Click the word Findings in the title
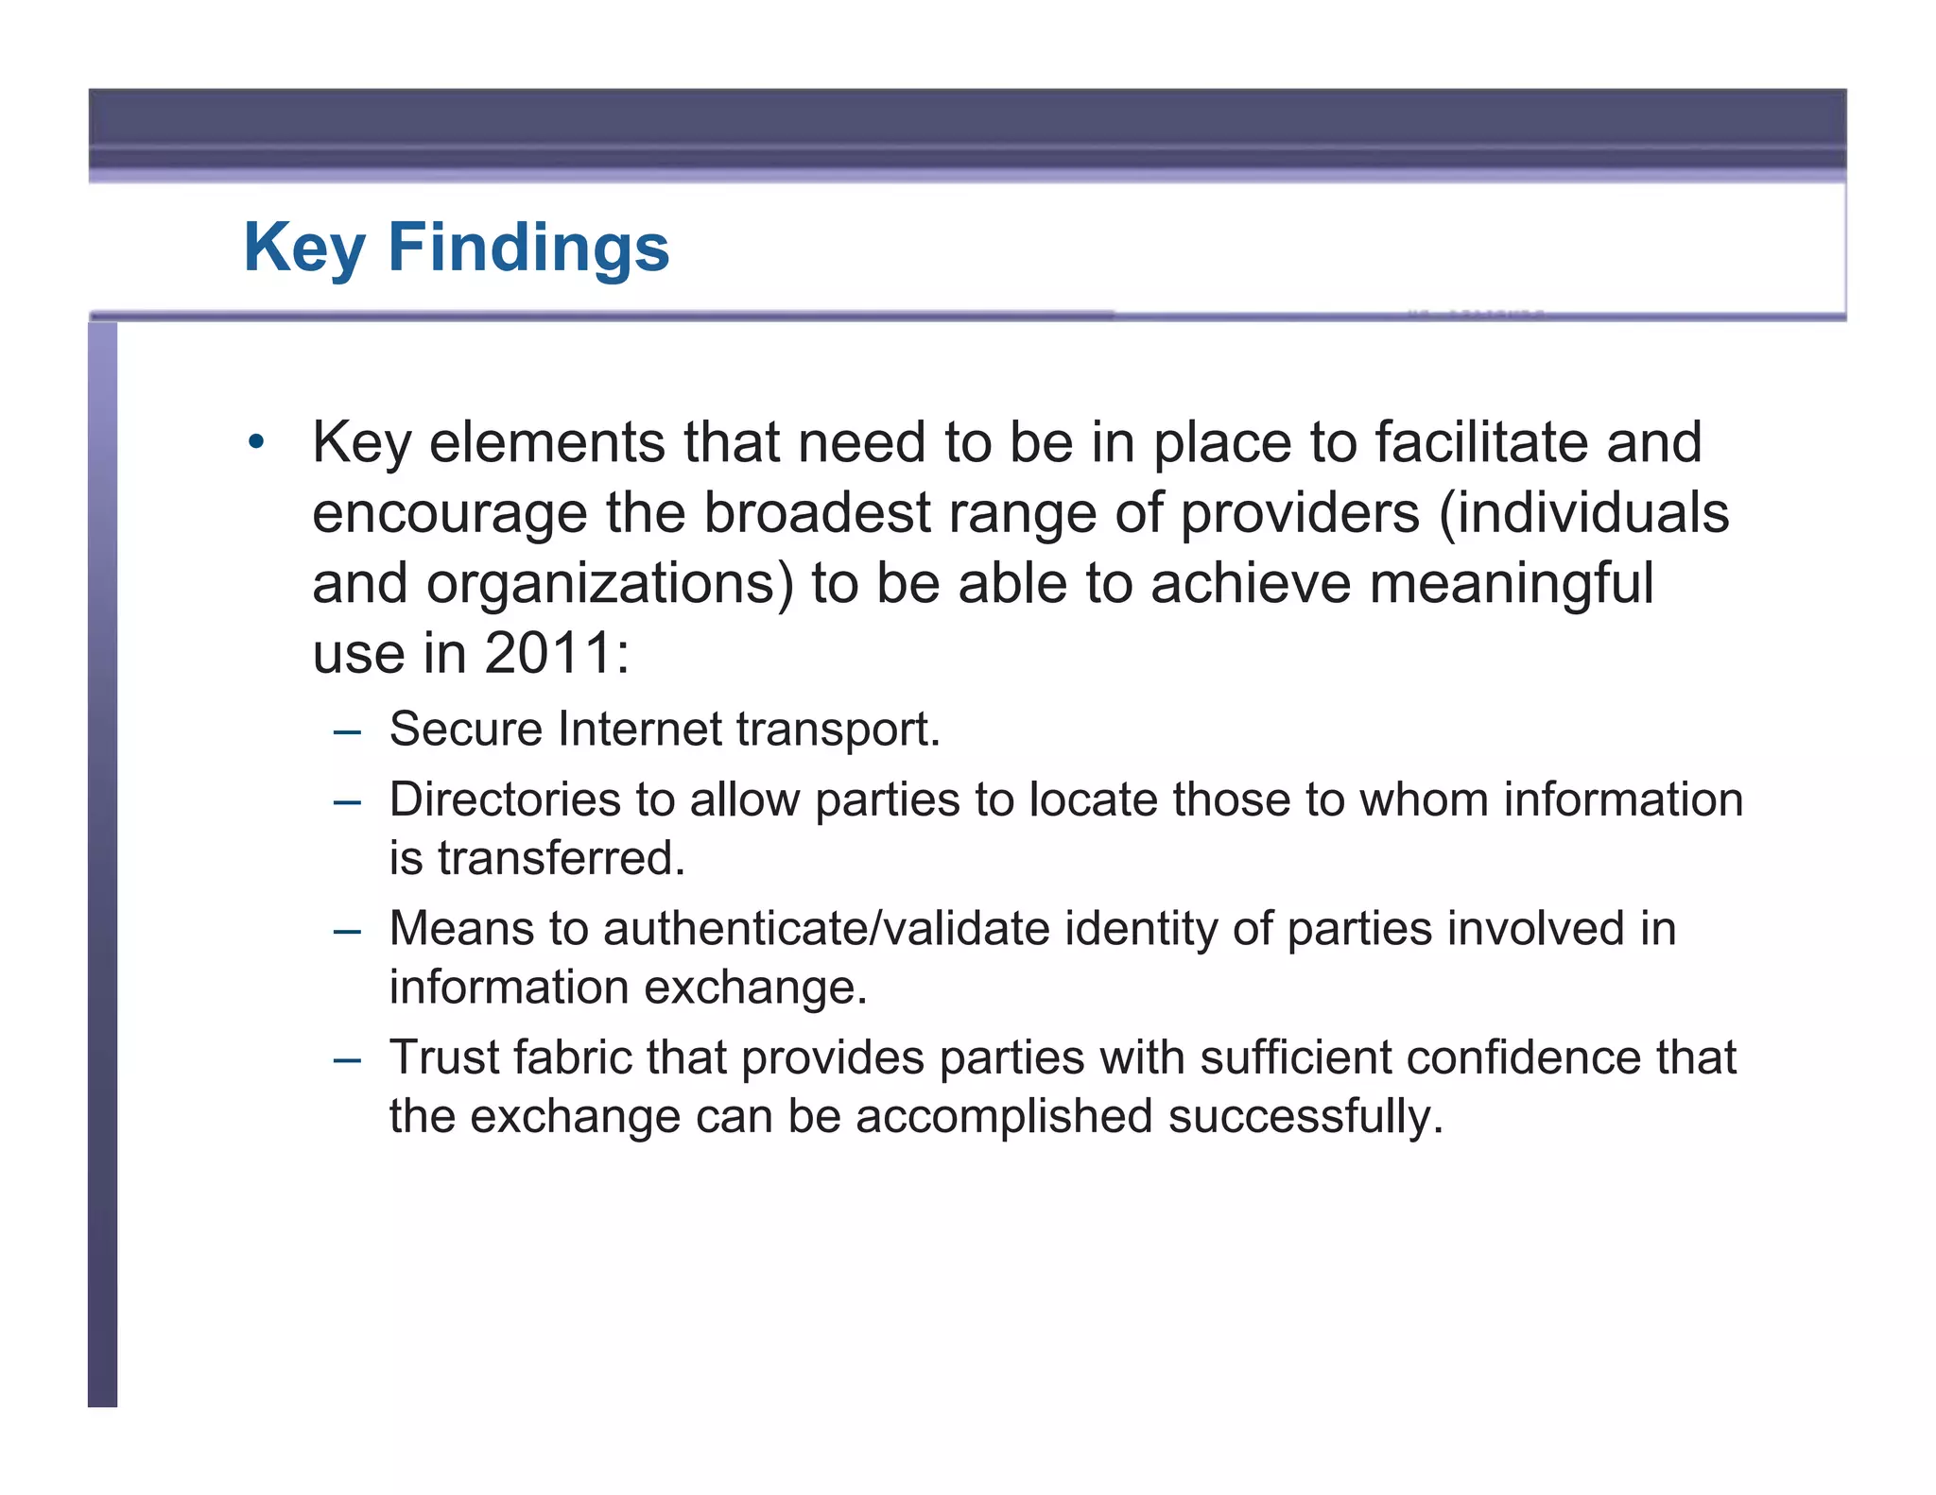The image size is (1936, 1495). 528,248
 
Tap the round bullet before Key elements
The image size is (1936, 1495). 255,442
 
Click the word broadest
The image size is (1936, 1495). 817,513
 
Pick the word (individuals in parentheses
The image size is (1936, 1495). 1583,513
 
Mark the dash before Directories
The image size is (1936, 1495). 347,801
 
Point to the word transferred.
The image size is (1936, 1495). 561,858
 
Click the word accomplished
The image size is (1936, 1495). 1004,1116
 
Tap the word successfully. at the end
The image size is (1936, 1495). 1305,1116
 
